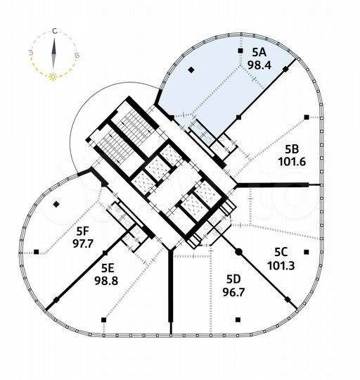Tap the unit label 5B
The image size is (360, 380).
tap(292, 148)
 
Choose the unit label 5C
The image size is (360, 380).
tap(281, 252)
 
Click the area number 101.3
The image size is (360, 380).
tap(281, 265)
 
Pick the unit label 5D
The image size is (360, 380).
tap(233, 277)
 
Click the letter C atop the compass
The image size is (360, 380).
tap(54, 32)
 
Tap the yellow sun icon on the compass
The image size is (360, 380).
tap(53, 75)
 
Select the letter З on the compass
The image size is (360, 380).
tap(30, 52)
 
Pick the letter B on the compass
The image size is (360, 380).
tap(77, 54)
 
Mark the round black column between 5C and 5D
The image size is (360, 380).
tap(238, 251)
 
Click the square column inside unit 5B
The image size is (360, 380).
tap(306, 117)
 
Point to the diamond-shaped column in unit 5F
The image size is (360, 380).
tap(56, 205)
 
